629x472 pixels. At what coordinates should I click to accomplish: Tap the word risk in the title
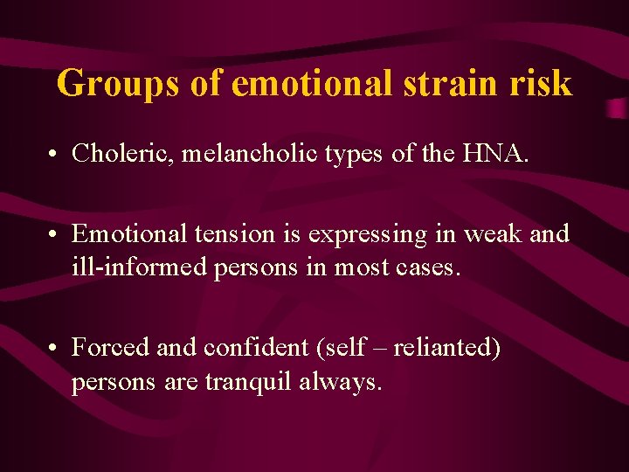[547, 84]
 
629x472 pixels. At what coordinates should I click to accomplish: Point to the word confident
[245, 348]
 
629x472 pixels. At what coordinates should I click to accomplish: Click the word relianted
[446, 348]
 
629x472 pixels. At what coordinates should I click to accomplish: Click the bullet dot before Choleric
[54, 156]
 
